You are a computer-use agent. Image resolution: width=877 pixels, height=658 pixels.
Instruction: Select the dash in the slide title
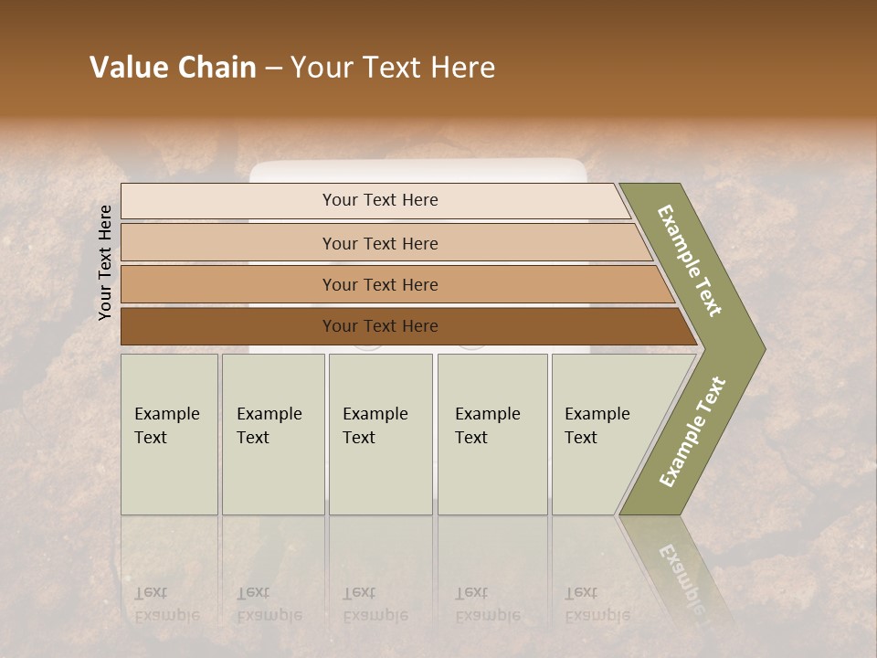(273, 69)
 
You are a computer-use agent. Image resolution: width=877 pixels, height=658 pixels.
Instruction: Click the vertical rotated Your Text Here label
(105, 262)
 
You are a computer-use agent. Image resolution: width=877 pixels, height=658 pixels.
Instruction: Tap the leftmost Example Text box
(169, 434)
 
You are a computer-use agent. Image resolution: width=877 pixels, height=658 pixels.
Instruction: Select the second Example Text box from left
(272, 434)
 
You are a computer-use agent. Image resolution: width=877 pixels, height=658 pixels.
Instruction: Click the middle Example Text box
(380, 434)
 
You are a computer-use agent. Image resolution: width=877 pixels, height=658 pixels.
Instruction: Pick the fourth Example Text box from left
(491, 434)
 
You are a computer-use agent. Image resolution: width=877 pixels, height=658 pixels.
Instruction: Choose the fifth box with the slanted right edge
(603, 434)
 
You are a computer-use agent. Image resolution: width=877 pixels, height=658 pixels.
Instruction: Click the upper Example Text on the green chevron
(690, 260)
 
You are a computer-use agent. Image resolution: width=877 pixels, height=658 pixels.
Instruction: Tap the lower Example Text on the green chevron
(692, 431)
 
